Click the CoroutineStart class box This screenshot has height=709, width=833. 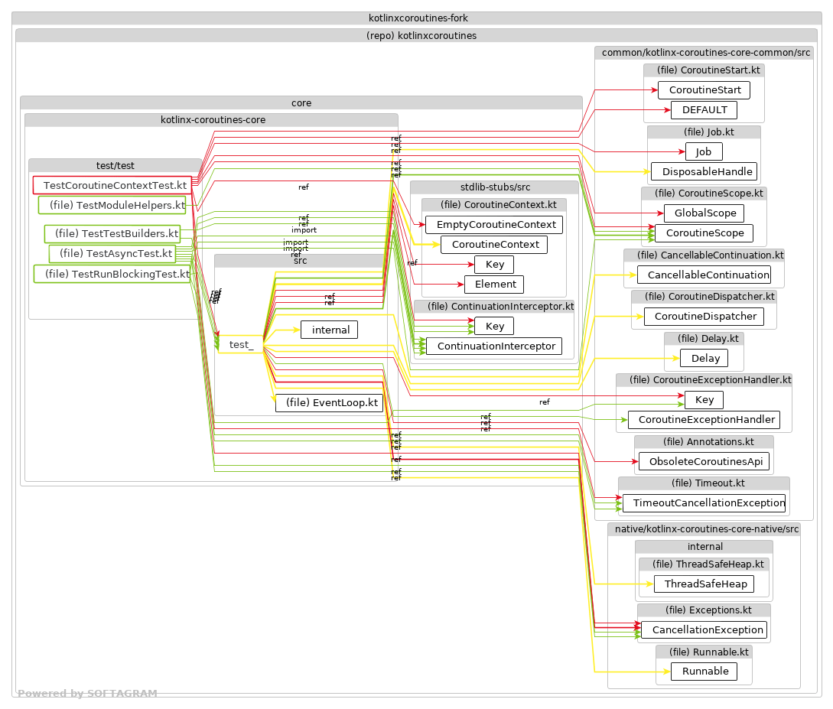(704, 90)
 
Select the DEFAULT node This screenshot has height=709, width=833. (704, 110)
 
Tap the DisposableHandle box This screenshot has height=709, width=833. (704, 171)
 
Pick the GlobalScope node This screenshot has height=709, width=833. (704, 213)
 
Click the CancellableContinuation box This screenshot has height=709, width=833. (704, 275)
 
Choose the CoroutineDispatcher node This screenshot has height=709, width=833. (704, 316)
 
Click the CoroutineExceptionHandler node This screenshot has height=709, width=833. (704, 419)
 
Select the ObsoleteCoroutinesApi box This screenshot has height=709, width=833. (704, 462)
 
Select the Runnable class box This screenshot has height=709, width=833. (704, 672)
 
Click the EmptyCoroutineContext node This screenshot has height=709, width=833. (494, 225)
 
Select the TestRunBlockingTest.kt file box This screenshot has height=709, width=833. (112, 274)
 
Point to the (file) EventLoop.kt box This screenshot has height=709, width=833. (330, 403)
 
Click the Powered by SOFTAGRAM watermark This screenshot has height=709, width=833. (87, 694)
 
